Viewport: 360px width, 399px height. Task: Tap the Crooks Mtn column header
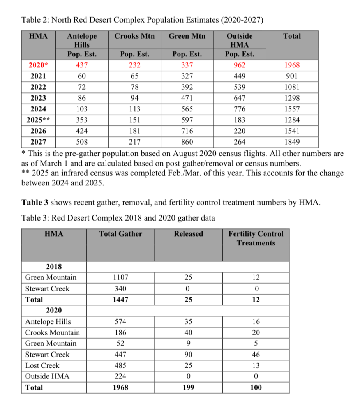[134, 36]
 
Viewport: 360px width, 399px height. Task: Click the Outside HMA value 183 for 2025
[239, 120]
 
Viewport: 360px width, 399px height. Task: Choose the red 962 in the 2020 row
[239, 65]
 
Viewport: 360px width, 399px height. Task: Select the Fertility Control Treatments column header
[256, 238]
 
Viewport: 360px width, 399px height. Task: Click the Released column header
[188, 234]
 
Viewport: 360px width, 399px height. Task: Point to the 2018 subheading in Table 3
[54, 267]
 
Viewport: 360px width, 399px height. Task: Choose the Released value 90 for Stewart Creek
[188, 355]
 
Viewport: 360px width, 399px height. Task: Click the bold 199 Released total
[188, 388]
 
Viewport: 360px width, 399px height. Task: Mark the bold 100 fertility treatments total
[256, 388]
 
